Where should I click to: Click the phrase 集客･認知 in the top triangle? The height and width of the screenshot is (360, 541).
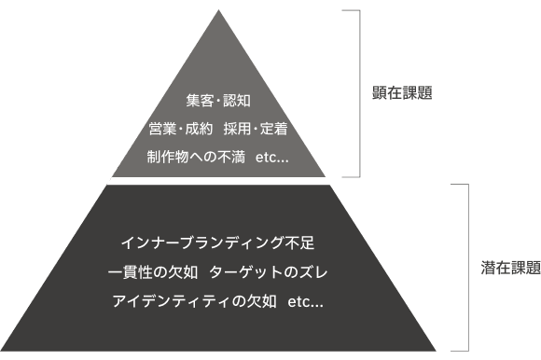click(218, 101)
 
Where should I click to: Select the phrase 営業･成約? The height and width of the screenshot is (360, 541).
click(180, 129)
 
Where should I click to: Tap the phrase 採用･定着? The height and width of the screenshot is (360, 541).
click(256, 129)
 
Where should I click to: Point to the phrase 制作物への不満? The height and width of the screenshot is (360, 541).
click(196, 157)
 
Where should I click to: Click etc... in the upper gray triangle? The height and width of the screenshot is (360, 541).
click(271, 158)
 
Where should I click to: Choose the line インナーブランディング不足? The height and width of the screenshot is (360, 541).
click(217, 242)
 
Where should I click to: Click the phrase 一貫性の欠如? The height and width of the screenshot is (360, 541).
click(153, 272)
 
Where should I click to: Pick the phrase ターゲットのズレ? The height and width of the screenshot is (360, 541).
click(268, 272)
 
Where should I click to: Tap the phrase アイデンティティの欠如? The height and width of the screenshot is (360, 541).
click(194, 301)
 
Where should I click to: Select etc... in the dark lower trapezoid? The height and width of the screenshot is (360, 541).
click(305, 302)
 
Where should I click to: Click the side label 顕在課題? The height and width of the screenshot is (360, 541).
click(402, 92)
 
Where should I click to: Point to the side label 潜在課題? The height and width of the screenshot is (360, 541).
click(510, 268)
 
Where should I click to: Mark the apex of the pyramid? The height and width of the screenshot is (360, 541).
click(218, 10)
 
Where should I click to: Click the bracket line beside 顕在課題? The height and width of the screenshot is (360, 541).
click(360, 93)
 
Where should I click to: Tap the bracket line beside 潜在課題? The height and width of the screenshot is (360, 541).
click(468, 268)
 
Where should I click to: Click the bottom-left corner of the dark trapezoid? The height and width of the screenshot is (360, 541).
click(2, 351)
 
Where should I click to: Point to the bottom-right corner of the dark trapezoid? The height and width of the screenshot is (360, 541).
click(436, 351)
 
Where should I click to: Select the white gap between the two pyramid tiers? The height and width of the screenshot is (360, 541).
click(218, 181)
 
